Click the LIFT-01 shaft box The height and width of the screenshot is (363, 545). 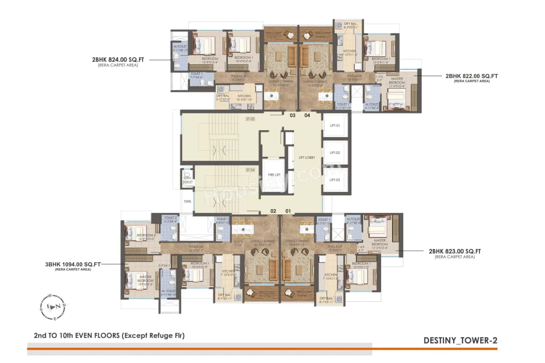click(336, 126)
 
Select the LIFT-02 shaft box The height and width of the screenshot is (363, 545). click(336, 153)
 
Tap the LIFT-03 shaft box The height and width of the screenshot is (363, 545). click(336, 180)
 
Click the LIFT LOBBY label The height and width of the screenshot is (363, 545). click(307, 157)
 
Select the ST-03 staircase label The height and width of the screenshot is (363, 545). click(250, 119)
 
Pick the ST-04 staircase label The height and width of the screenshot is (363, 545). click(250, 170)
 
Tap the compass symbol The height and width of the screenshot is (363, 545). click(52, 306)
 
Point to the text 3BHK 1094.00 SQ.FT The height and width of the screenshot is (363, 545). click(73, 264)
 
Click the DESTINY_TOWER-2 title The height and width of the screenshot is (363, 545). click(460, 340)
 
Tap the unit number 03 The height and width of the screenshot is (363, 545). click(293, 115)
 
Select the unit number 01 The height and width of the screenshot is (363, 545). click(288, 211)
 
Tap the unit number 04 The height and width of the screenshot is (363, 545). click(307, 115)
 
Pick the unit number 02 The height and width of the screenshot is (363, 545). click(273, 211)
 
